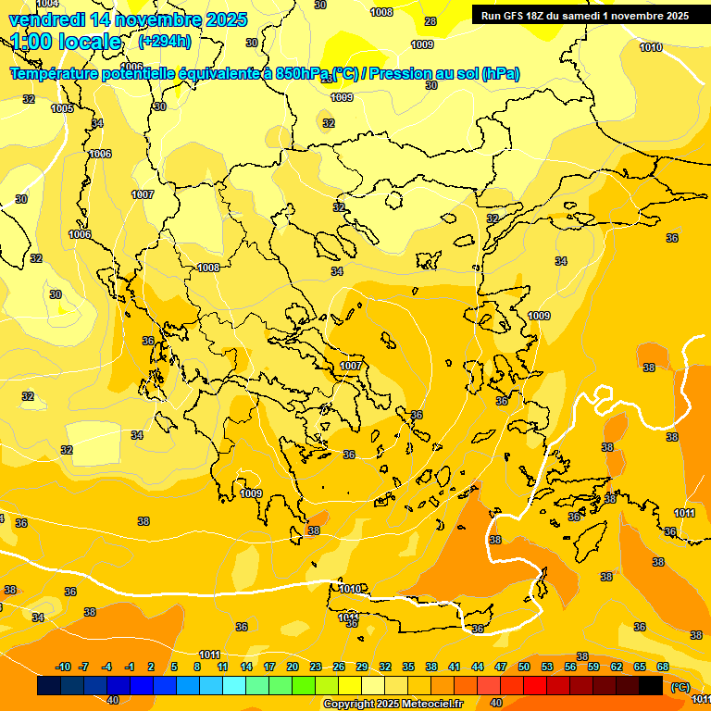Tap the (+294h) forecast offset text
pos(164,41)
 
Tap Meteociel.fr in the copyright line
pos(427,705)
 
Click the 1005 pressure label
pos(62,109)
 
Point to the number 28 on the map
pos(430,21)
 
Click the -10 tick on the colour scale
pos(63,667)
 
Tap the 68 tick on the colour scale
pos(663,667)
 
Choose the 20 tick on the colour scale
pos(293,667)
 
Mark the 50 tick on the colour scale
pos(524,667)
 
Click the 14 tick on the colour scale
pos(246,667)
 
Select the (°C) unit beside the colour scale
pos(680,687)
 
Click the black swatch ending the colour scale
pos(651,686)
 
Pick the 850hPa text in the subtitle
pos(304,74)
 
